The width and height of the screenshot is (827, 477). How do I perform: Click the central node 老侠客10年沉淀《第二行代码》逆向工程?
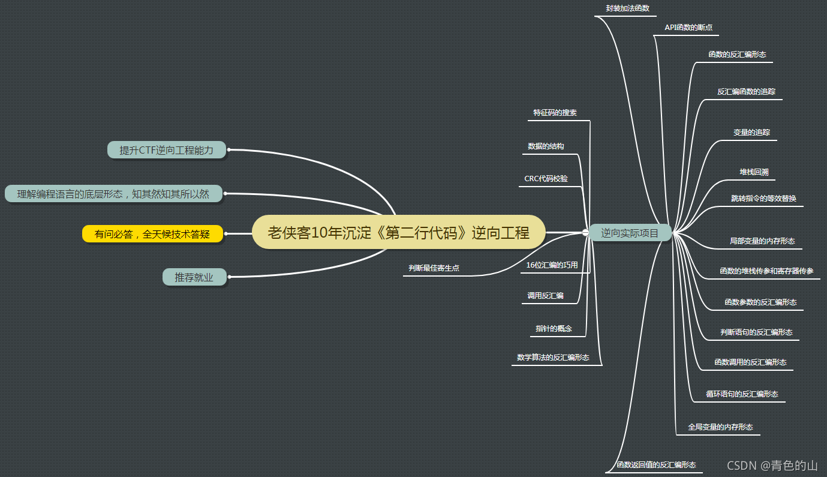point(398,232)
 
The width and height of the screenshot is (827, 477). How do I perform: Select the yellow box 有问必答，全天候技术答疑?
point(152,234)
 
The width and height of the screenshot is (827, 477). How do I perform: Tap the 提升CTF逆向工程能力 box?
point(166,150)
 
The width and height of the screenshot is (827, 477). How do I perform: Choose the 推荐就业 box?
point(194,277)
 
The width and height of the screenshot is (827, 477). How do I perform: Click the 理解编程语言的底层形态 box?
point(113,194)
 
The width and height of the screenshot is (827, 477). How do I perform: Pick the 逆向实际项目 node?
point(630,233)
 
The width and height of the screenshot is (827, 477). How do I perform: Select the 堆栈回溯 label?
point(754,172)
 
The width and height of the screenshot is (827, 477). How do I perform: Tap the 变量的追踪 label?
point(751,132)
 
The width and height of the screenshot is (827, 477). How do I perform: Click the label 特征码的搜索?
point(555,112)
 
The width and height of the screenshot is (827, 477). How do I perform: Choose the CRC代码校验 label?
point(546,178)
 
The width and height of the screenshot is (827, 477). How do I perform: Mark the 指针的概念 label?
point(554,328)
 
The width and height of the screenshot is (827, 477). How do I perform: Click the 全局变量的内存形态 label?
point(720,427)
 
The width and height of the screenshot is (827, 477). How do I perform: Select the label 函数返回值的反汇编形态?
point(656,464)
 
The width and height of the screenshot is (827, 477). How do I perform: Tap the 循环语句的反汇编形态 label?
point(742,394)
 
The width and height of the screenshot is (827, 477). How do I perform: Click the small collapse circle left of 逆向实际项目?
point(585,232)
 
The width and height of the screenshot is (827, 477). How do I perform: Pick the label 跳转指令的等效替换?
point(763,198)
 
